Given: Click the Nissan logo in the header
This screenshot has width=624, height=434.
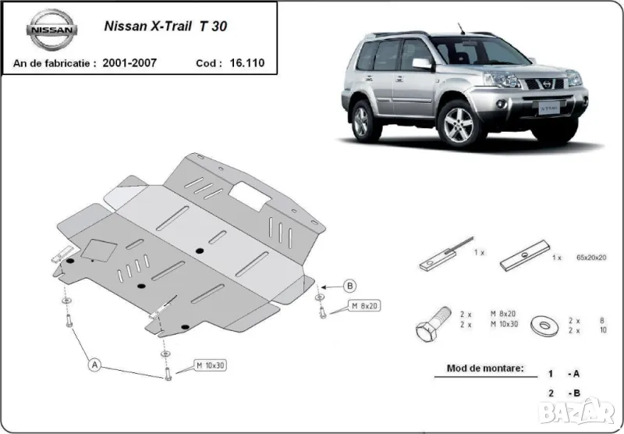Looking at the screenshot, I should tap(52, 30).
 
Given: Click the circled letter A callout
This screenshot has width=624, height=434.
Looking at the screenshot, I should tap(95, 364).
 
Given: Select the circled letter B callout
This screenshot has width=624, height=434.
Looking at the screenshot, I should tap(350, 285).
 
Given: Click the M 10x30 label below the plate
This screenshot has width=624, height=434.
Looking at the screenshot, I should tap(210, 365).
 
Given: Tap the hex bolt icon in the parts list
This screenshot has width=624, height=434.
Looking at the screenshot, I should tap(431, 325).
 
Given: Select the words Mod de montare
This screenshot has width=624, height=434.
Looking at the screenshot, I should tap(485, 368).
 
